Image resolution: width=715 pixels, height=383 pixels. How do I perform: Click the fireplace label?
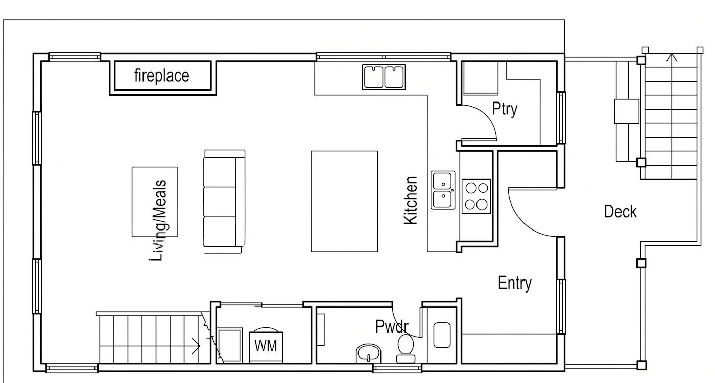coord(161,76)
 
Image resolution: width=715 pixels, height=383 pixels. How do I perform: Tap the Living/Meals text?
coord(158,220)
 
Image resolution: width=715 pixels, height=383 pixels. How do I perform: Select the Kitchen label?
coord(411,200)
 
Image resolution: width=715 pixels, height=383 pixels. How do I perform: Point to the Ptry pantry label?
coord(505,109)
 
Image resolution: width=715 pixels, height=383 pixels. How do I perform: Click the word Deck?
coord(620,212)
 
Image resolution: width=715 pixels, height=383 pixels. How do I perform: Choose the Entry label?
coord(515,283)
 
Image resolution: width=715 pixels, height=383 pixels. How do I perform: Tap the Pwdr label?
coord(392,326)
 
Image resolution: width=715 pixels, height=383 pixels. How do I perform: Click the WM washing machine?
coord(266,345)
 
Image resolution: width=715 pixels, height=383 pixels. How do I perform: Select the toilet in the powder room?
coord(406,349)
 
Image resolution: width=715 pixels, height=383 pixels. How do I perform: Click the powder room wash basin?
coord(368,353)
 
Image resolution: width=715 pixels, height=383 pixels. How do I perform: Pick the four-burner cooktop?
coord(476,196)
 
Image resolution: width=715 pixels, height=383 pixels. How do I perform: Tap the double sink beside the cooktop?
coord(443,190)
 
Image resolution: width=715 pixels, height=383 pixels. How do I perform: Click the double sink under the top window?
coord(384,77)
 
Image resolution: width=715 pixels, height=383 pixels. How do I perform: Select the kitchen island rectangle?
coord(344,201)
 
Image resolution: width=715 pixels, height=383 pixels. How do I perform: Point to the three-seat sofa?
coord(224,201)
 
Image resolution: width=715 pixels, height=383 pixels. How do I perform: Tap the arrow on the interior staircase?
coord(196,346)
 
